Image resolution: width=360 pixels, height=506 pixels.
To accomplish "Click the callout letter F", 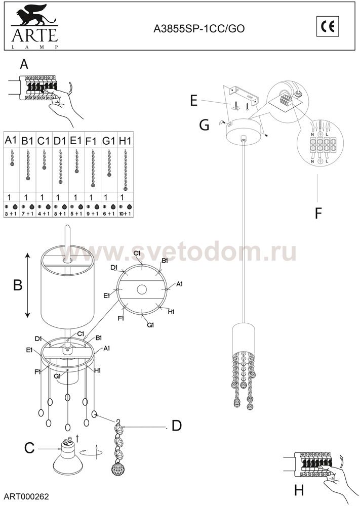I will coord(318,214).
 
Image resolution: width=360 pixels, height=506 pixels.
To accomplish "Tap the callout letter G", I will coord(204,124).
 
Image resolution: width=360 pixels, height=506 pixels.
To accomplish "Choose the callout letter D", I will coord(176,426).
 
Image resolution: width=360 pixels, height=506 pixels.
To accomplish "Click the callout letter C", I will coord(29,448).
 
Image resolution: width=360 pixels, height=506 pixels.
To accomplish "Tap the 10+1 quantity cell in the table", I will coord(125,214).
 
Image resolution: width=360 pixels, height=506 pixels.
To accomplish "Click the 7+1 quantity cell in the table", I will coord(27,214).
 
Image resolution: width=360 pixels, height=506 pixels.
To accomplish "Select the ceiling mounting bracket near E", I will coord(244,96).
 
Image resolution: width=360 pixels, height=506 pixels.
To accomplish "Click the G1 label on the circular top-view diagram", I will coord(151,324).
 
